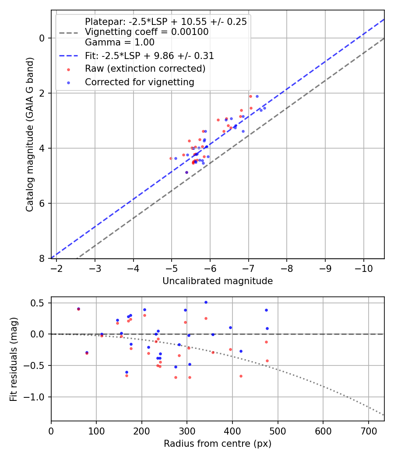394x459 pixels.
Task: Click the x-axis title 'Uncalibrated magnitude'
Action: [218, 281]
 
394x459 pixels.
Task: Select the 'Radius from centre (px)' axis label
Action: [218, 444]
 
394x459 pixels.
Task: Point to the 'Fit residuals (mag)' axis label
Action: [14, 359]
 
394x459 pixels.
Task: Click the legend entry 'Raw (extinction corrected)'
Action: [145, 69]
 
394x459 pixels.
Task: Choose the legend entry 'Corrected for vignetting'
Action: [139, 82]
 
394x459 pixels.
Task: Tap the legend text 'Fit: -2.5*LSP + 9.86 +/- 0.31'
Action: [149, 56]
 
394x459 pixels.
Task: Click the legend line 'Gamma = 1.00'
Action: [120, 42]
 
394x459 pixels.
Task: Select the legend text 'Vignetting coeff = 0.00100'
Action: [147, 32]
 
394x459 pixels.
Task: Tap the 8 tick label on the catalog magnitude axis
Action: [42, 258]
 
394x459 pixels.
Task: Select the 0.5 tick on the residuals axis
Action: [40, 303]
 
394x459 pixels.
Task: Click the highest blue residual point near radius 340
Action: [206, 302]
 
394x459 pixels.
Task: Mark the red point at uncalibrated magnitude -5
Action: [171, 158]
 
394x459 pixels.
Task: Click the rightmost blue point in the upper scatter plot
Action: [264, 108]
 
